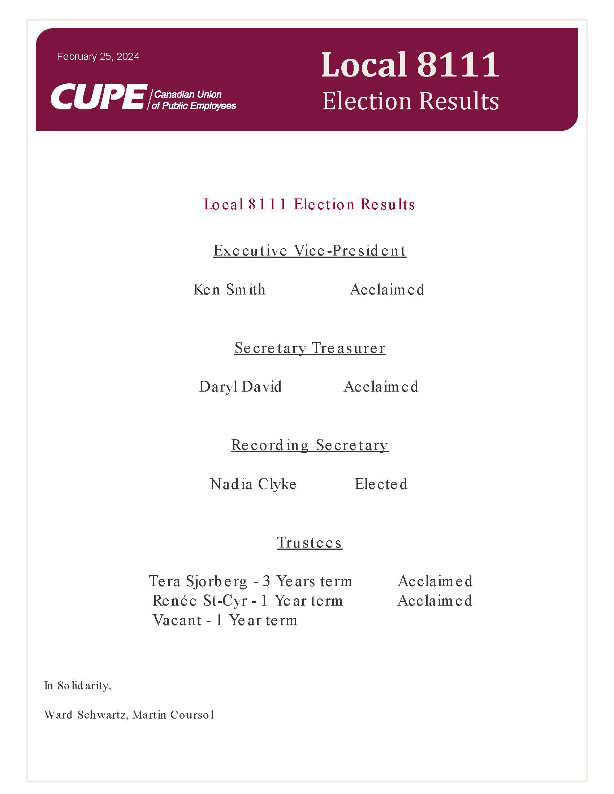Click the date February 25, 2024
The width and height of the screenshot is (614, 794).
pos(98,57)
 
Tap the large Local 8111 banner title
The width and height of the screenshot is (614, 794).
pos(410,65)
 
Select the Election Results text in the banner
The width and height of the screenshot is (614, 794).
pos(411,101)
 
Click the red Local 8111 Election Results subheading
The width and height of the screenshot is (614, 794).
pos(309,204)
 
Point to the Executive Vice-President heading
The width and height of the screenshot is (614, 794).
pos(310,250)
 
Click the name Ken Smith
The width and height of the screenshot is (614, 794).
pos(229,289)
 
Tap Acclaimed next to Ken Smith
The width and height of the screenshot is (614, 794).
pos(387,289)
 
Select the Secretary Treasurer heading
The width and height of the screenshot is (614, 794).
pos(310,348)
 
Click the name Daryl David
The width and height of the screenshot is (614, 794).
pos(241,387)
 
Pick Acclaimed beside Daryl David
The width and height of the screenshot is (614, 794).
pos(381,387)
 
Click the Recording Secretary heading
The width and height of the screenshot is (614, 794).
pos(310,445)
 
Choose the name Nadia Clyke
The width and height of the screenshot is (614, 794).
pos(253,484)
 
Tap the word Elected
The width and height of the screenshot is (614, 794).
pos(381,484)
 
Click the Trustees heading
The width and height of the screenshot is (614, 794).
pos(310,542)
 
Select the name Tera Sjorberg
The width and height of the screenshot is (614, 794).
pos(198,581)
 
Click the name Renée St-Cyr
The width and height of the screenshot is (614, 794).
pos(200,601)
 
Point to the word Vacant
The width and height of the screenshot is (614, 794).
pos(177,620)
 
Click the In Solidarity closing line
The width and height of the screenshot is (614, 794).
pos(78,686)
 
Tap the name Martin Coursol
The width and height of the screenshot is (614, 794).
pos(173,715)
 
